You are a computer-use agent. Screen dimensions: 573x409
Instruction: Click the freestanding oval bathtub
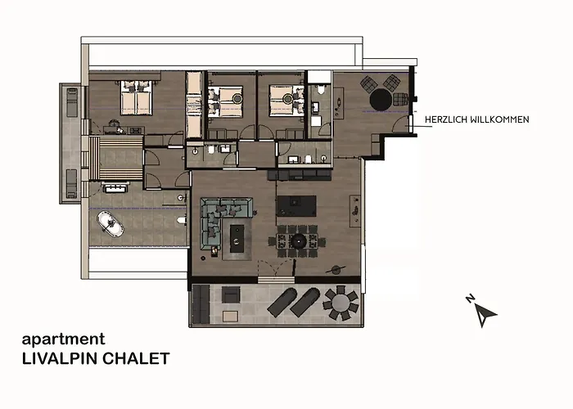click(x=111, y=224)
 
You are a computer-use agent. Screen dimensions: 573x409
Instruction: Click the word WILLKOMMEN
click(x=499, y=119)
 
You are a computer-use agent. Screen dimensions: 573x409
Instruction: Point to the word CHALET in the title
click(x=136, y=358)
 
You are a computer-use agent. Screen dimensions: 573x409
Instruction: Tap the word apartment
click(x=63, y=339)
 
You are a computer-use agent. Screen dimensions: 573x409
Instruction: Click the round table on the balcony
click(x=341, y=303)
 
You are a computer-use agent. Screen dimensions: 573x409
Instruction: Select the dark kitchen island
click(x=296, y=206)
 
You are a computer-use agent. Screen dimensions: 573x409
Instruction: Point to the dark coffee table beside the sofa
click(x=237, y=239)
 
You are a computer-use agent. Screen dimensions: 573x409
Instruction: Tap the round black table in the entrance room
click(x=381, y=99)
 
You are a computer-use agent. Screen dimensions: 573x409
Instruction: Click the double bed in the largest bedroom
click(x=137, y=97)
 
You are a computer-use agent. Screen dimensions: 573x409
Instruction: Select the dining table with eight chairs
click(x=296, y=241)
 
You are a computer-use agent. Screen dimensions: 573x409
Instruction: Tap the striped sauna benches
click(x=115, y=157)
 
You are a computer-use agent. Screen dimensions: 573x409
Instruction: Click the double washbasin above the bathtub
click(x=115, y=188)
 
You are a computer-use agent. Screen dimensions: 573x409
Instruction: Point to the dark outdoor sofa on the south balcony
click(x=201, y=304)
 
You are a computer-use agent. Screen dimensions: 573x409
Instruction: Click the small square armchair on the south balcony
click(x=231, y=294)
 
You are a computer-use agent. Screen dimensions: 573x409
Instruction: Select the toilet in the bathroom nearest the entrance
click(x=321, y=89)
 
